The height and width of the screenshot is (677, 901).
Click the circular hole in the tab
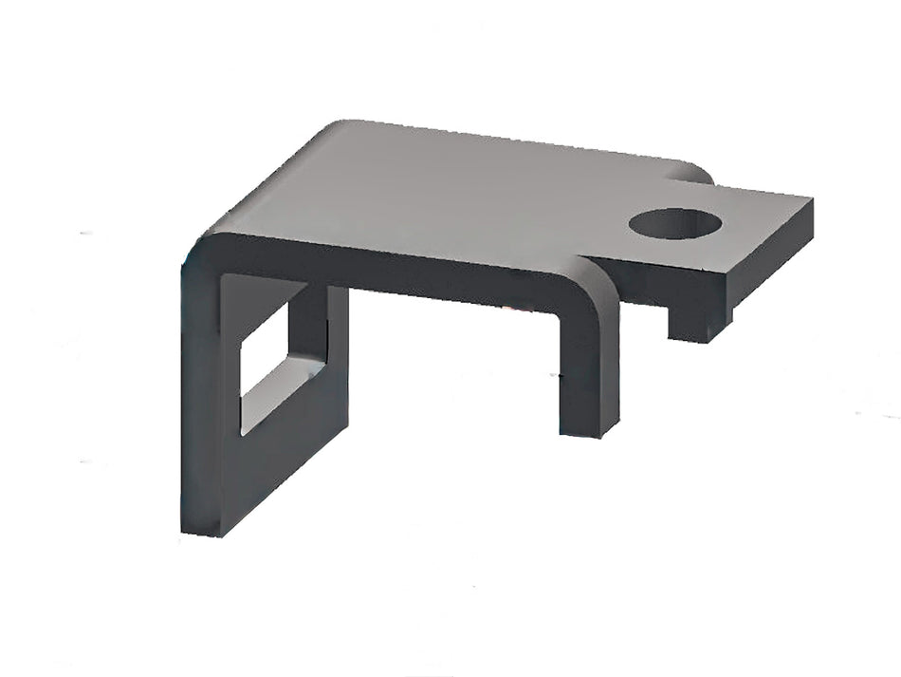point(674,223)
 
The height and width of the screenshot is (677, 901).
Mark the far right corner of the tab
point(811,201)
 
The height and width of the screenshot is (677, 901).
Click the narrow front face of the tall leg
point(200,399)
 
